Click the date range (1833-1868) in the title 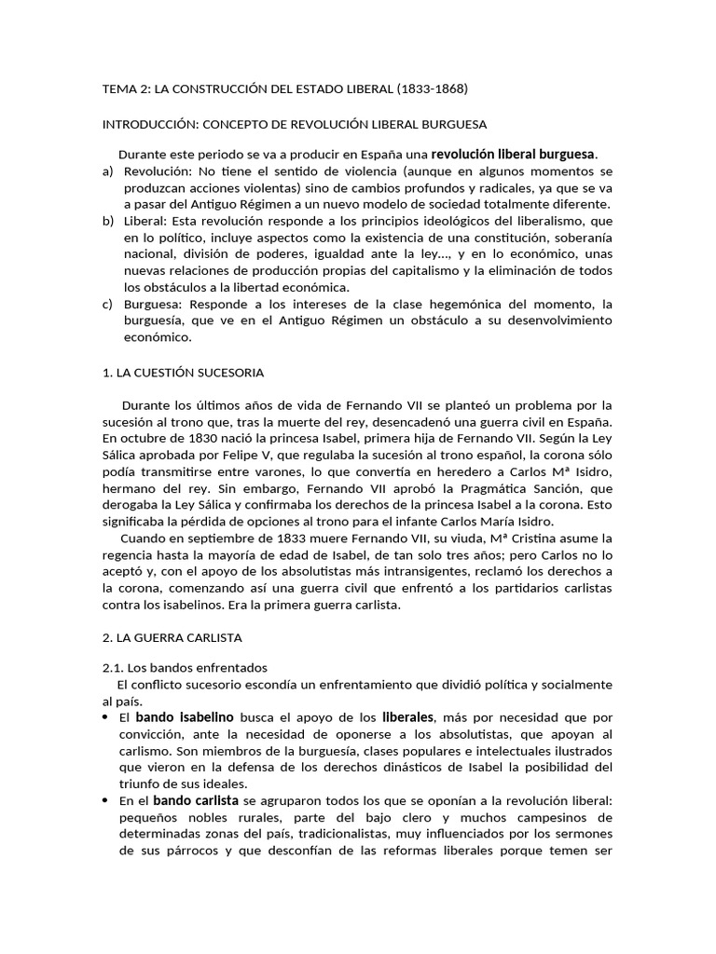click(432, 89)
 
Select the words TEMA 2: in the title click(123, 89)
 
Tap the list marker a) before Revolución click(107, 171)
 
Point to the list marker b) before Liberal click(107, 221)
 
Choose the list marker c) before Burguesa click(107, 304)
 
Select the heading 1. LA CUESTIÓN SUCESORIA click(183, 373)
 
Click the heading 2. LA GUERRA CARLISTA click(172, 637)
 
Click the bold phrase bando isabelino click(185, 717)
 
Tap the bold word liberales click(408, 717)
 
